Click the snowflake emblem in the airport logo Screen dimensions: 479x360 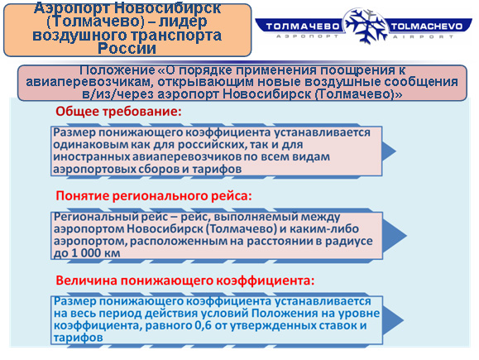click(366, 26)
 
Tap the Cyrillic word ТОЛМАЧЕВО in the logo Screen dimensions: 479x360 click(303, 26)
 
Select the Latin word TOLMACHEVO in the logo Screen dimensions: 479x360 click(426, 26)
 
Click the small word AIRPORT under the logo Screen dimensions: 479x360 click(423, 37)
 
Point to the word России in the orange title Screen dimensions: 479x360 click(127, 49)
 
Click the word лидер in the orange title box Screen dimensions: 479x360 click(182, 21)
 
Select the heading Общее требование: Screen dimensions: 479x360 click(118, 112)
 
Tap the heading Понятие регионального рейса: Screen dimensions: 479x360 click(154, 196)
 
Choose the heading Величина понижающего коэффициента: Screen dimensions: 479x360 click(185, 281)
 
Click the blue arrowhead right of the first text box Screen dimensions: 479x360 click(388, 151)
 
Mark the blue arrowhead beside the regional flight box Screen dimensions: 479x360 click(394, 236)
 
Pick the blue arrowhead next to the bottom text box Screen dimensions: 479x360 click(393, 320)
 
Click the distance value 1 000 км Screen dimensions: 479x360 click(96, 253)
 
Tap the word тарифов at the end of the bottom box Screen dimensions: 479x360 click(79, 338)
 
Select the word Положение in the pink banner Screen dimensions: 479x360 click(117, 70)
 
